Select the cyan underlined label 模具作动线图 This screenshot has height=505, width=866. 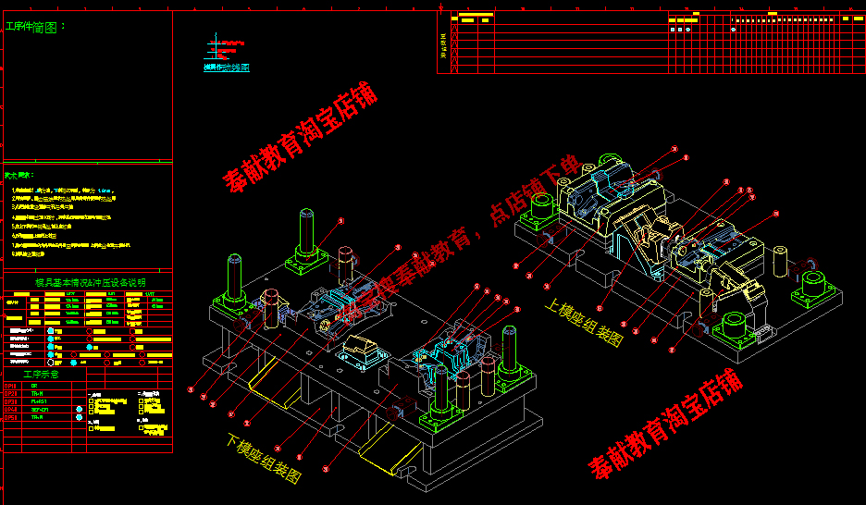pyautogui.click(x=226, y=68)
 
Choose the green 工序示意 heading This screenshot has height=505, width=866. pyautogui.click(x=41, y=375)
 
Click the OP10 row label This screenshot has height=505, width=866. pyautogui.click(x=11, y=386)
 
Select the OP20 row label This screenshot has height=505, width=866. pyautogui.click(x=11, y=394)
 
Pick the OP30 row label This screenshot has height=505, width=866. pyautogui.click(x=11, y=402)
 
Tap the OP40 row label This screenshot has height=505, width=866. pyautogui.click(x=11, y=410)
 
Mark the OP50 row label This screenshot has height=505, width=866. pyautogui.click(x=11, y=418)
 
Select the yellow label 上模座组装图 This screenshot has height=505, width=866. pyautogui.click(x=584, y=321)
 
